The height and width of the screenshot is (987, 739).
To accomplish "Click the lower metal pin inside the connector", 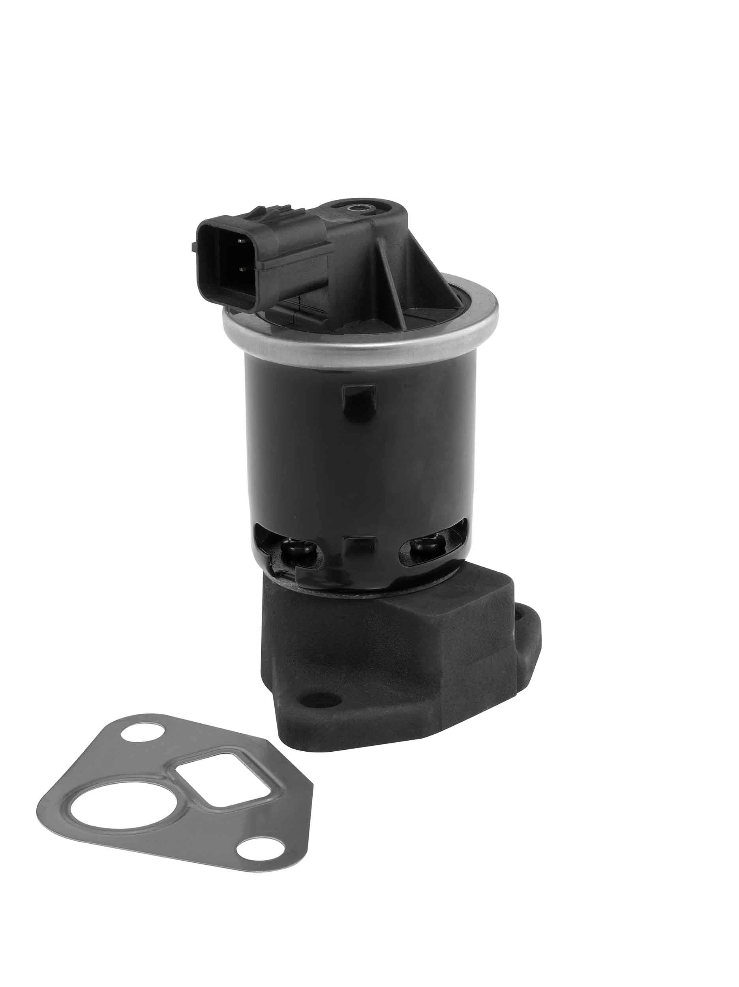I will tap(242, 269).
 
